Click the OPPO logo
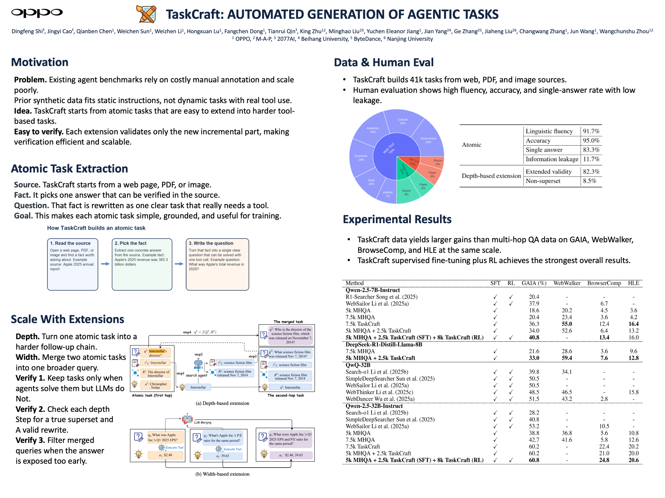pyautogui.click(x=37, y=13)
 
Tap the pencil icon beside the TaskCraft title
pyautogui.click(x=146, y=14)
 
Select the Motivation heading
pyautogui.click(x=40, y=62)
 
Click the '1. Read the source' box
pyautogui.click(x=73, y=264)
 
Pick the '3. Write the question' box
pyautogui.click(x=217, y=264)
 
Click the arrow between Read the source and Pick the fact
pyautogui.click(x=105, y=264)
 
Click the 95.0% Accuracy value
pyautogui.click(x=591, y=140)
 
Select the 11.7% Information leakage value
pyautogui.click(x=591, y=159)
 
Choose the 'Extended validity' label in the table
pyautogui.click(x=548, y=171)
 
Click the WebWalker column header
pyautogui.click(x=567, y=283)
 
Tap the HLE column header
pyautogui.click(x=634, y=283)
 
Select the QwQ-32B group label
pyautogui.click(x=358, y=365)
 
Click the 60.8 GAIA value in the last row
pyautogui.click(x=534, y=460)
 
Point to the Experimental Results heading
pyautogui.click(x=397, y=219)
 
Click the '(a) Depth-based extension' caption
pyautogui.click(x=222, y=403)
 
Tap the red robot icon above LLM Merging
pyautogui.click(x=187, y=418)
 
